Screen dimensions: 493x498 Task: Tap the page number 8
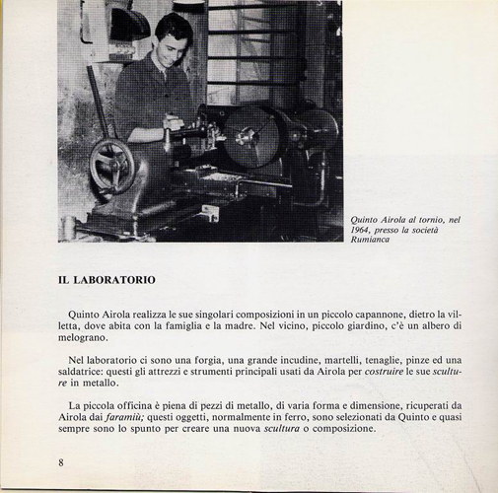[60, 463]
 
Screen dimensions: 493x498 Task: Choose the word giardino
[368, 326]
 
